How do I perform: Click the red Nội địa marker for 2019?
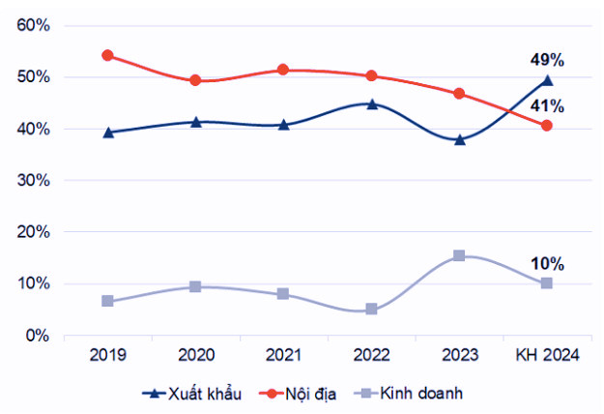click(x=107, y=55)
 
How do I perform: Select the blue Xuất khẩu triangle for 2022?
click(x=371, y=103)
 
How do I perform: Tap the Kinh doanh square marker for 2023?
click(x=459, y=255)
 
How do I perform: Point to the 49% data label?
click(x=547, y=59)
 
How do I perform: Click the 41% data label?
click(x=547, y=106)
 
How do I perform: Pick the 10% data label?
click(x=547, y=264)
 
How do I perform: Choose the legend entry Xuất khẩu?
click(x=192, y=394)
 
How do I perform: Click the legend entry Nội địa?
click(x=307, y=394)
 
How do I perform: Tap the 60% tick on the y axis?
click(x=33, y=25)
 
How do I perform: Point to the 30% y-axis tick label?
click(x=33, y=181)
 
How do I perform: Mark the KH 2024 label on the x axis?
click(x=547, y=356)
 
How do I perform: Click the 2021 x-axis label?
click(x=283, y=356)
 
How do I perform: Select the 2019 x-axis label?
click(x=107, y=356)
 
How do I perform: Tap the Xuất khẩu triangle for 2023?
click(x=459, y=139)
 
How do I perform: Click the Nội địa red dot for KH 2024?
click(x=547, y=126)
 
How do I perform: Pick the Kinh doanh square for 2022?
click(x=371, y=310)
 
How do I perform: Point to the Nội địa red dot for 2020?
click(x=195, y=80)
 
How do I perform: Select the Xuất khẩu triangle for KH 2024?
click(x=547, y=80)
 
